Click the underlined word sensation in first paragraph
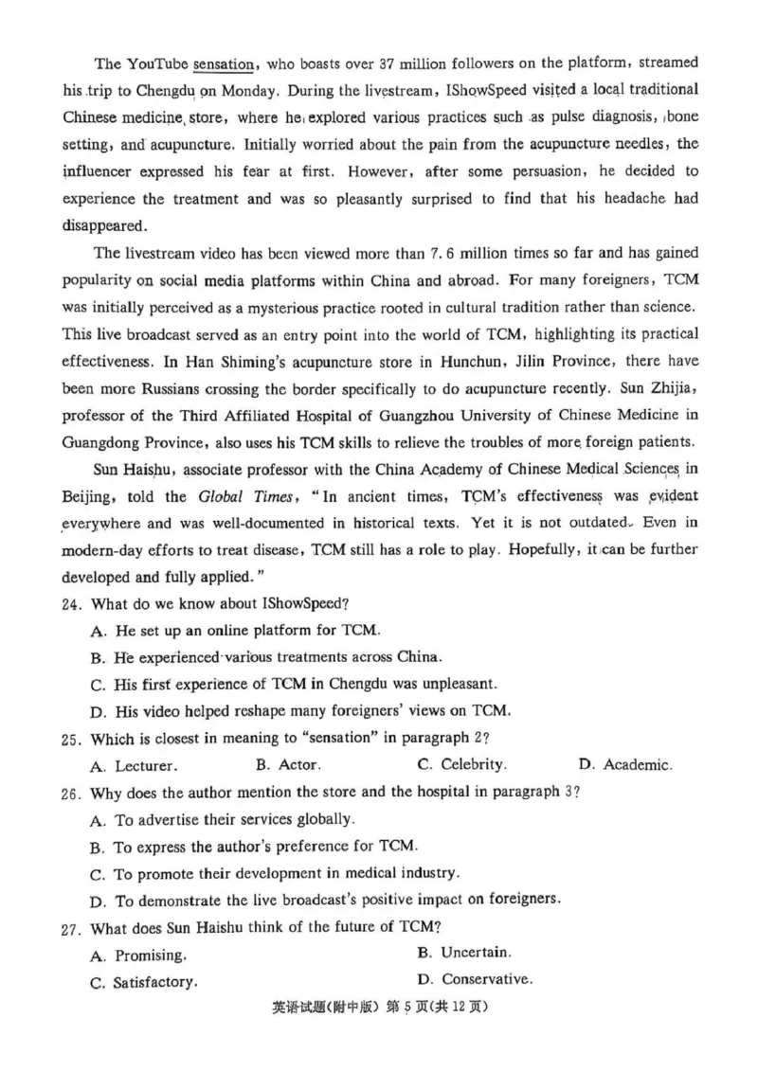224,64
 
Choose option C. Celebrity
461,764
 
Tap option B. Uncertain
464,952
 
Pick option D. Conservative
475,979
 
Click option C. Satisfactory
144,983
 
